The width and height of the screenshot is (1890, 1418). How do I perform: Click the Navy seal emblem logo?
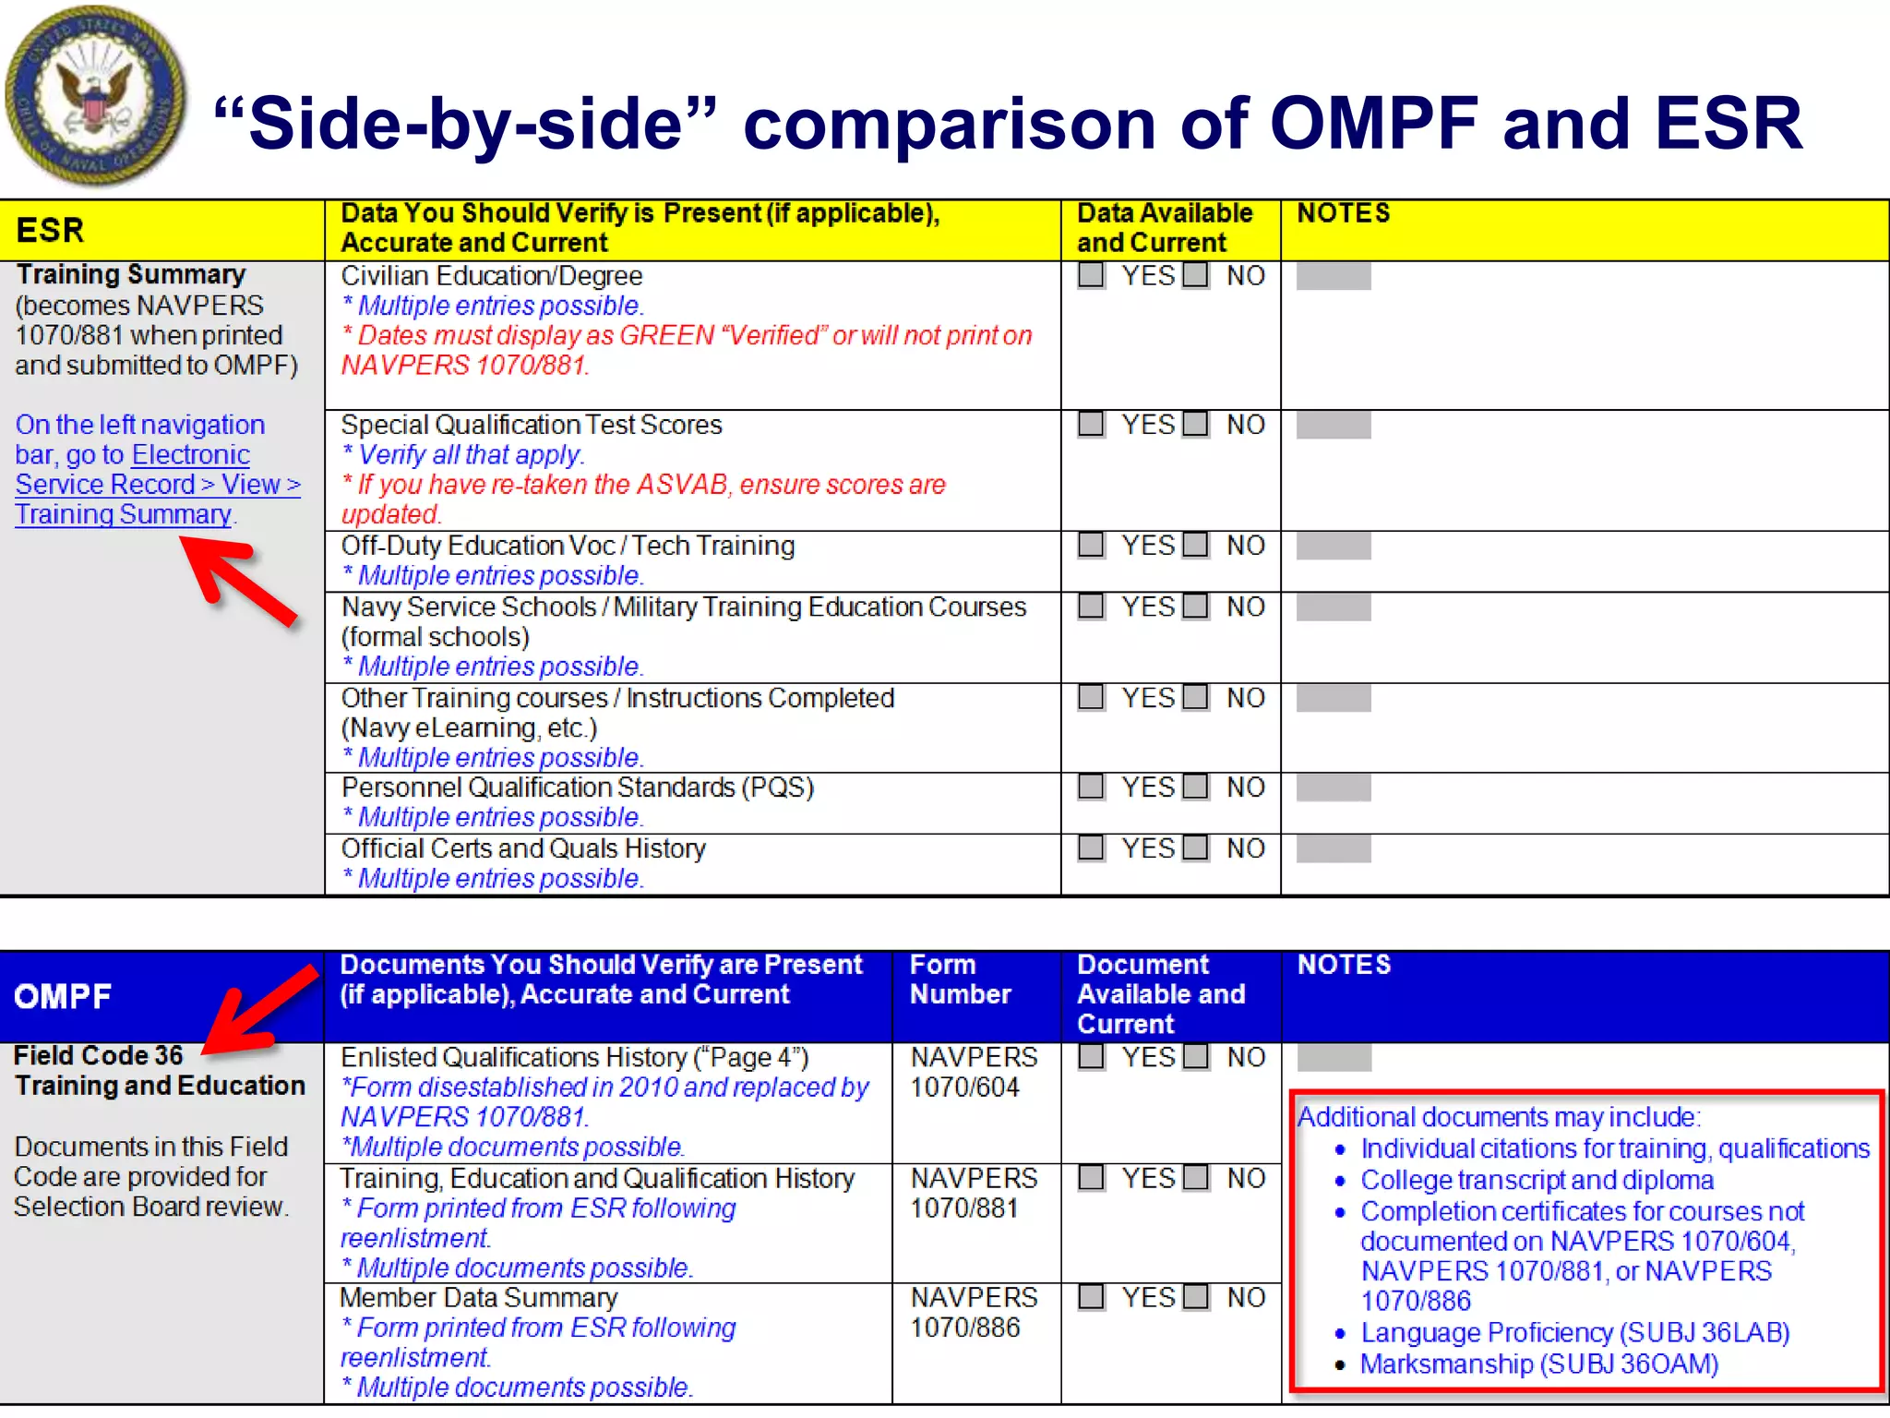click(x=94, y=95)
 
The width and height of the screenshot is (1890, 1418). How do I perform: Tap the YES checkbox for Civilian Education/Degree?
click(x=1092, y=275)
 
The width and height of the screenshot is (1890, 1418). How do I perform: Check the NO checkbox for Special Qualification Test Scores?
click(x=1196, y=425)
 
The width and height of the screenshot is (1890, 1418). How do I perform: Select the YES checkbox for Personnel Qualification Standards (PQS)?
click(x=1092, y=787)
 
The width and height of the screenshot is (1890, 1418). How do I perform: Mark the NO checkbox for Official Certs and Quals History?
click(x=1196, y=847)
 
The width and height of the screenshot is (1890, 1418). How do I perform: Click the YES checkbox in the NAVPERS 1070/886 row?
click(x=1092, y=1297)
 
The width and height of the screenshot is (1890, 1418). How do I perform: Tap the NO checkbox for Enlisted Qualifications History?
click(x=1196, y=1056)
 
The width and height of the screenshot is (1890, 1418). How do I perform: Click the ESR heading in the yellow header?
click(x=51, y=230)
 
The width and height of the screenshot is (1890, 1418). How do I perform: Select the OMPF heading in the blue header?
click(x=63, y=996)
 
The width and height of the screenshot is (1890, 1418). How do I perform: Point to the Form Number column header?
click(x=960, y=979)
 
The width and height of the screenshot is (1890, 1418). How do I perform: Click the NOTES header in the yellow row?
click(x=1343, y=213)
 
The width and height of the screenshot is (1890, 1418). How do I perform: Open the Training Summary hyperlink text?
click(x=123, y=514)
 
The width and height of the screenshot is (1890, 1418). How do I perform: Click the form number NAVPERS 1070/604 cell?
click(x=974, y=1072)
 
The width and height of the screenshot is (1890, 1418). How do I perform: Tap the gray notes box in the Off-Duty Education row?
click(x=1334, y=546)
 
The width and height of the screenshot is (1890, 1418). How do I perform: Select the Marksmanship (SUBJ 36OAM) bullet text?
click(x=1538, y=1364)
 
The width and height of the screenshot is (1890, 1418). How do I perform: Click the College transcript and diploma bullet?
click(x=1537, y=1180)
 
